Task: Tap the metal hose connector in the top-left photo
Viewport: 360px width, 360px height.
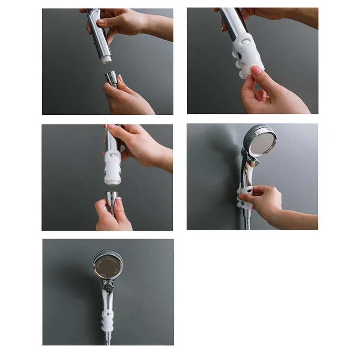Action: [111, 80]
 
